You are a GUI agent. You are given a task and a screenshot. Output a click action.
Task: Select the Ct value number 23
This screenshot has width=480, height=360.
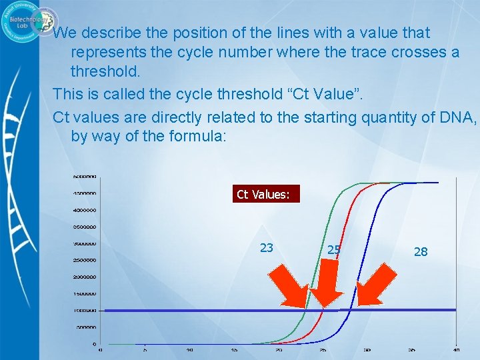click(266, 248)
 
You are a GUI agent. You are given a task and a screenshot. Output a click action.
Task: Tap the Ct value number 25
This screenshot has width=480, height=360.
click(334, 250)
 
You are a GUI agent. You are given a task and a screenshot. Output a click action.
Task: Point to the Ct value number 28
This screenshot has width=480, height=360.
click(420, 251)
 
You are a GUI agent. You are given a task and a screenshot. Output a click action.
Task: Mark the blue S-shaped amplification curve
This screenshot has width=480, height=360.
click(380, 220)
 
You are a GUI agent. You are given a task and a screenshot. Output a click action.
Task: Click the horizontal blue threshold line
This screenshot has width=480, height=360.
click(200, 310)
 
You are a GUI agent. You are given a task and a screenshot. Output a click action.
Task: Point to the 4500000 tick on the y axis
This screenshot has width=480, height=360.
click(85, 193)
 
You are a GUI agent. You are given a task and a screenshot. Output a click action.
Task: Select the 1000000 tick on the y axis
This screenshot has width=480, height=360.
click(85, 311)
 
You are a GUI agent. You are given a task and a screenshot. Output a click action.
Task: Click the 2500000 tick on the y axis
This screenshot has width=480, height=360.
click(85, 260)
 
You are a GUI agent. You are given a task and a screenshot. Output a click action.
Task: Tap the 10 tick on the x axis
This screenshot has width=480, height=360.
click(189, 349)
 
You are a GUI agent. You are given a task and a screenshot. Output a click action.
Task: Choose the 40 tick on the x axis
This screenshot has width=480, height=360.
click(456, 349)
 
